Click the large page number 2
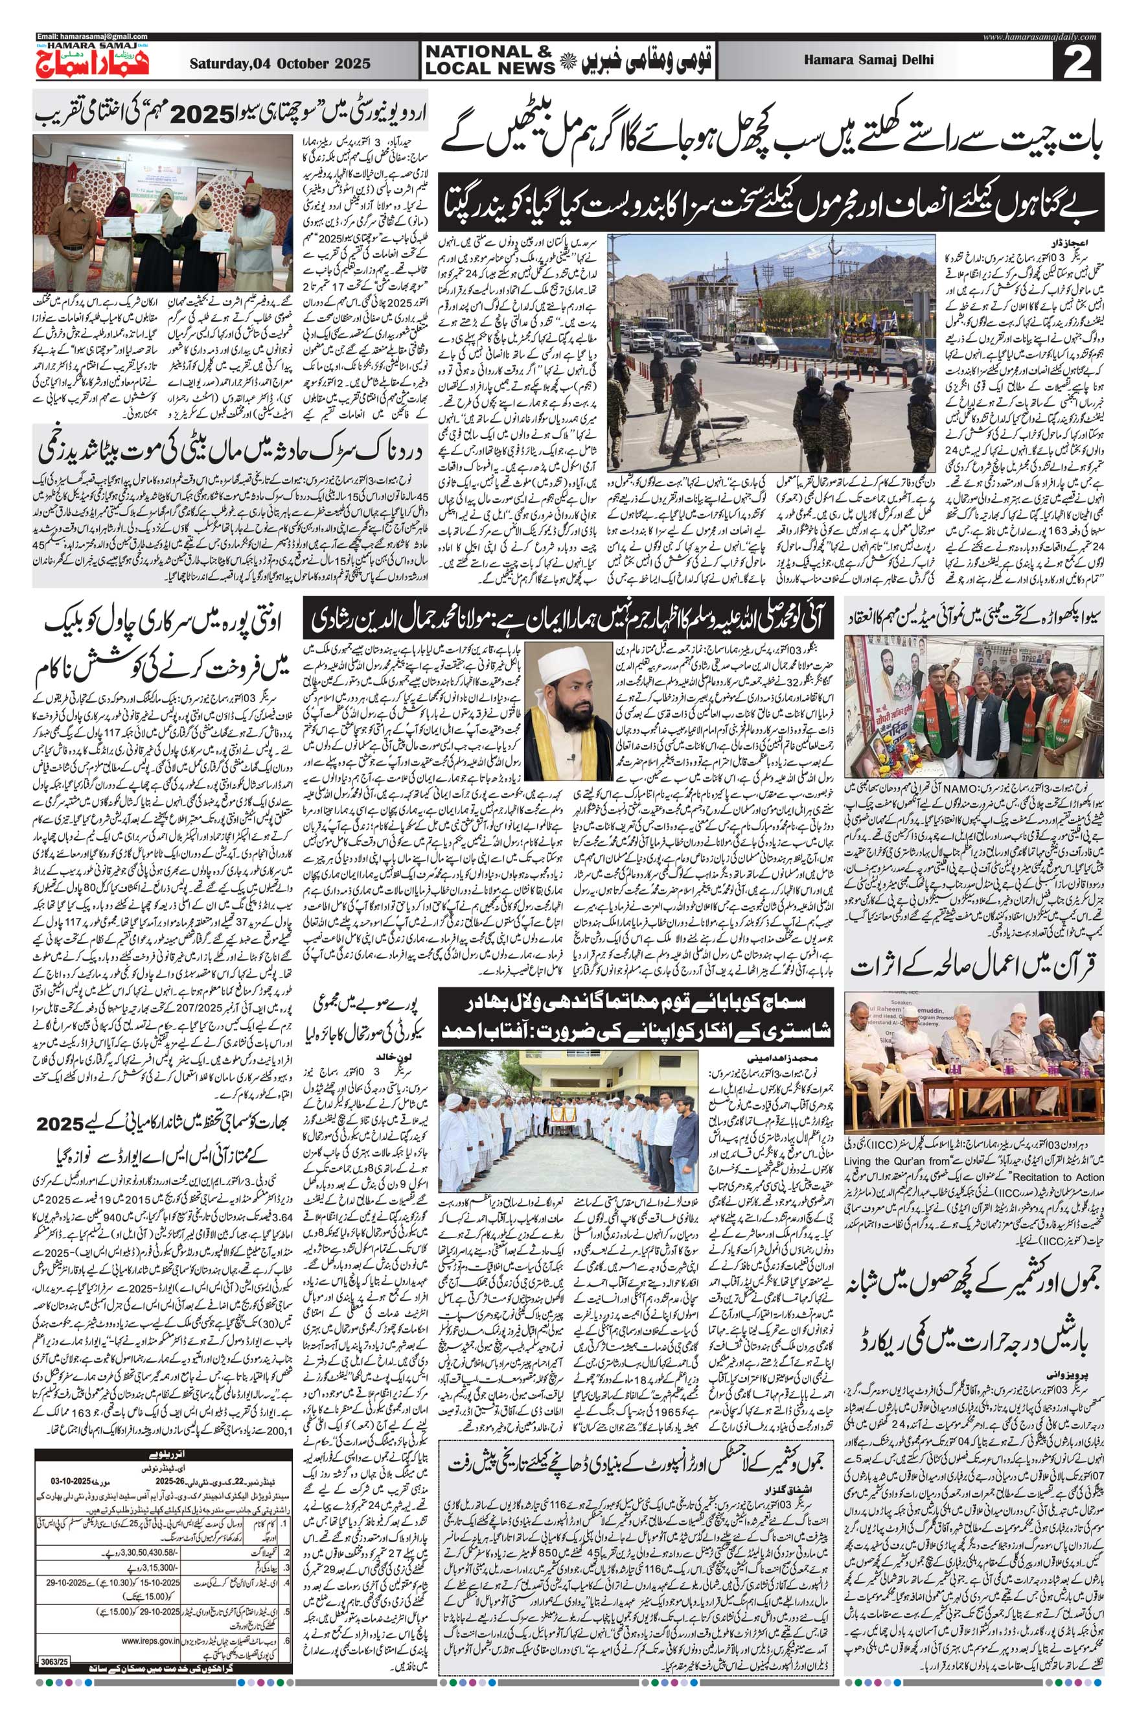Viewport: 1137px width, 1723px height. [x=1081, y=64]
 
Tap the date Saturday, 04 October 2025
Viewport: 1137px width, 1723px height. [x=280, y=64]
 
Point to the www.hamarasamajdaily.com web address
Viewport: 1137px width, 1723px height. [x=1044, y=36]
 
